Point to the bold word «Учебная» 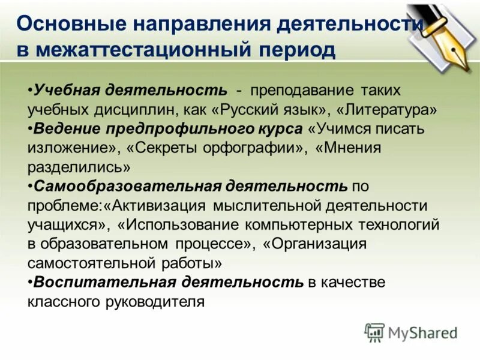pos(67,91)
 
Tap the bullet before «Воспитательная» pos(30,282)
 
